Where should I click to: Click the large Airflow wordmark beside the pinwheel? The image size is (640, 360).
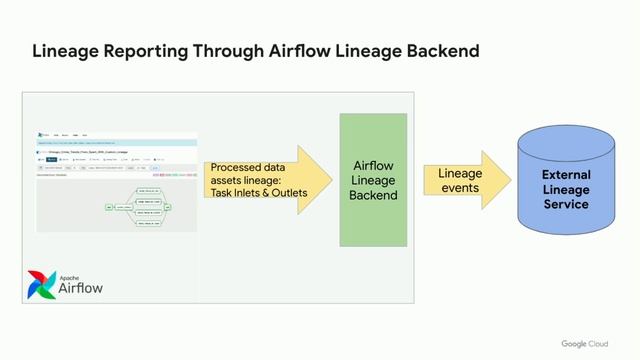tap(81, 289)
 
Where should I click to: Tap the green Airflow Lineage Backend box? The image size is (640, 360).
tap(373, 180)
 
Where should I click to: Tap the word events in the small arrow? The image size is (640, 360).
tap(460, 188)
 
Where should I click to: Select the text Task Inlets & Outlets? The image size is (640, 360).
tap(259, 193)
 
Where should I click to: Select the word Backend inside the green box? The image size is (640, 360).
tap(373, 195)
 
